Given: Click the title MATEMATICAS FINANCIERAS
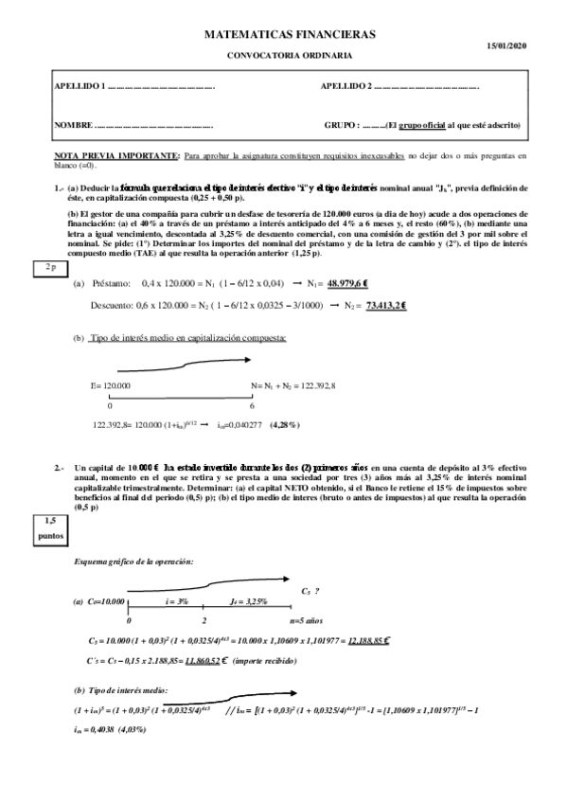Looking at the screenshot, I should [290, 34].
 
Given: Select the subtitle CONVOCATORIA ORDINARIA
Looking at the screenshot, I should [290, 56].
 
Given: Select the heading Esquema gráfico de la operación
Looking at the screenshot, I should [133, 563].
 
